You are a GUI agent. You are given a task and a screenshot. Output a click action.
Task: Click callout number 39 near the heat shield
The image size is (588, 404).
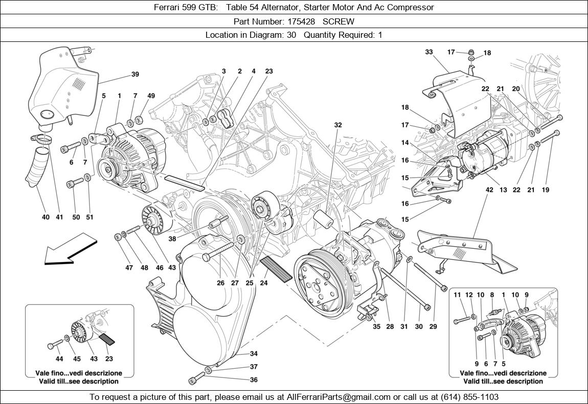point(135,75)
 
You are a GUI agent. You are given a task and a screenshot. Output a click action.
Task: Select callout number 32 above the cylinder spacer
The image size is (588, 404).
point(338,125)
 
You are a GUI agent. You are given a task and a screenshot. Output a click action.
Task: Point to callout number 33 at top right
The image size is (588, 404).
point(428,52)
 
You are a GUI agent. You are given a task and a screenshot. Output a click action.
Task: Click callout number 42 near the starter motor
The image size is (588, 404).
point(489,190)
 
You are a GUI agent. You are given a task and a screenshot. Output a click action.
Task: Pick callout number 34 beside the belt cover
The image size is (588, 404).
point(254,354)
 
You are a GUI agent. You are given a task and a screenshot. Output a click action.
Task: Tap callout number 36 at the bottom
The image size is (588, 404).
point(254,379)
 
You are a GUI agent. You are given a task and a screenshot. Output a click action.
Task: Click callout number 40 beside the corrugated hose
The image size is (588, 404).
point(46,217)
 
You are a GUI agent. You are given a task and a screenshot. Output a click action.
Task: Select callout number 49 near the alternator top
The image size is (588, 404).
point(151,96)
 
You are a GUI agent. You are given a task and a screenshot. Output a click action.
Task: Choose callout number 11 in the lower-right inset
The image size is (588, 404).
point(457,295)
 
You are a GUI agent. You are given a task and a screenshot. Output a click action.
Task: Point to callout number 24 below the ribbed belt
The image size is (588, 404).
point(264,282)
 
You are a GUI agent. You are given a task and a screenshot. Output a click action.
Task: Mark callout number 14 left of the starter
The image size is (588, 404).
point(405,143)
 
